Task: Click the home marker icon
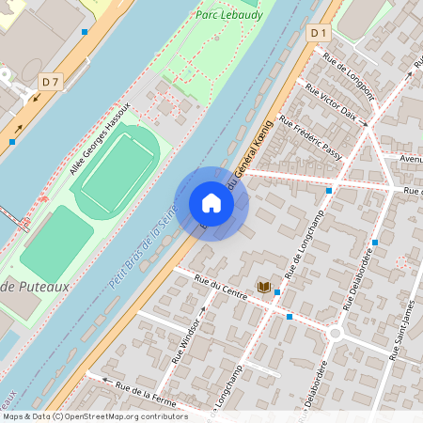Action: [x=211, y=203]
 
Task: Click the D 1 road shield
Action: [x=319, y=33]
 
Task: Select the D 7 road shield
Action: [x=51, y=83]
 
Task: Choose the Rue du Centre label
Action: [x=220, y=285]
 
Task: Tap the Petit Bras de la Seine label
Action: [x=142, y=249]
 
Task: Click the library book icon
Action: [x=263, y=286]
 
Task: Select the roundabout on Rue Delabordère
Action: [x=335, y=334]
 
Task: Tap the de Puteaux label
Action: [x=36, y=287]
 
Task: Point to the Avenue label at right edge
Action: [x=411, y=159]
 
